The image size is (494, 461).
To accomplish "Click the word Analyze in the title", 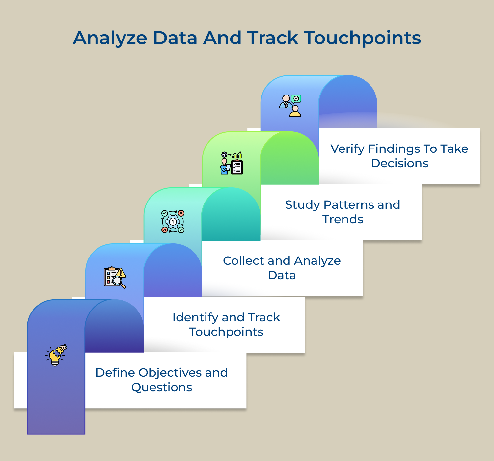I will [110, 38].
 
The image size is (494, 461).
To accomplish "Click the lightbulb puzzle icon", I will [56, 355].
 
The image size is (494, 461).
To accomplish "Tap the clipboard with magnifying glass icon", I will [115, 278].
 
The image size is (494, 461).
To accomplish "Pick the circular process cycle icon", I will [173, 222].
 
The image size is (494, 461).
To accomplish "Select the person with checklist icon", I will [232, 163].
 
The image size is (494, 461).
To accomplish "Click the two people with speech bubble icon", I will [290, 106].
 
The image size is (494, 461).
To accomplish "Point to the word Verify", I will [347, 149].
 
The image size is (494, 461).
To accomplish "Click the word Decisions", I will [399, 163].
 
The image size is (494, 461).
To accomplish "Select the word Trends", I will [343, 219].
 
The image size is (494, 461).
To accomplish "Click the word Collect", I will [243, 261].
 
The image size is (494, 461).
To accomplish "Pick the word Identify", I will [195, 317].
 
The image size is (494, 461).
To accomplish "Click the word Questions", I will [162, 387].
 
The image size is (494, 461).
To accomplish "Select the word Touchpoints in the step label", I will [226, 332].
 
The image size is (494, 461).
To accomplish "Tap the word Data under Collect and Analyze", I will [282, 275].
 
